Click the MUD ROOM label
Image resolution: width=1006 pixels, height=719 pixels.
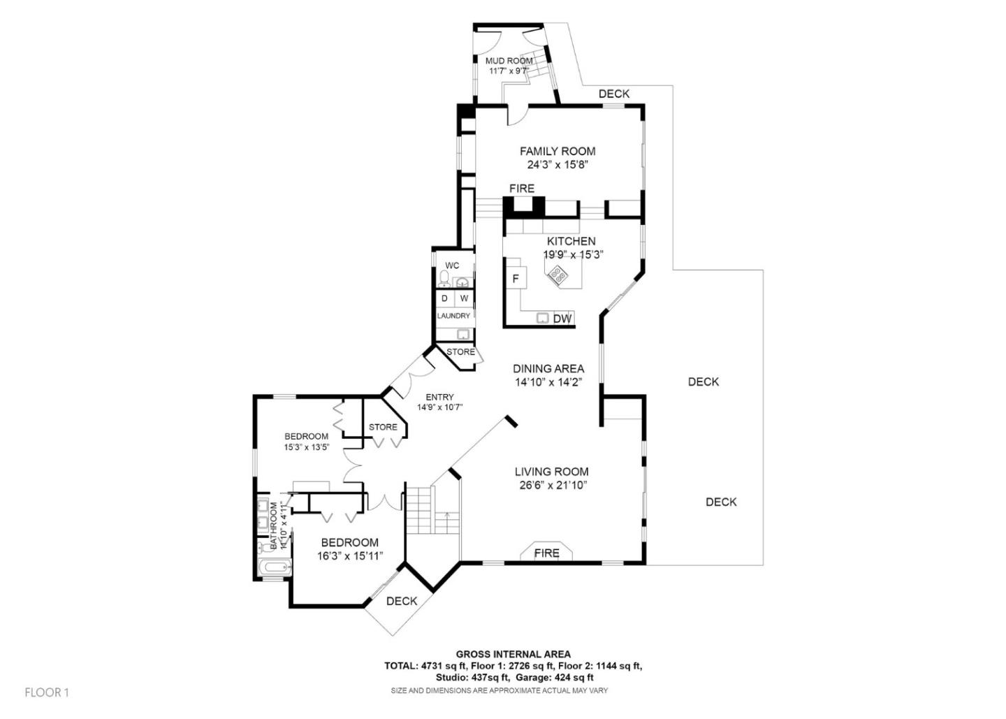(x=509, y=61)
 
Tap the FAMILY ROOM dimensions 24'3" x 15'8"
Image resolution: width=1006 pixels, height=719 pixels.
(x=557, y=166)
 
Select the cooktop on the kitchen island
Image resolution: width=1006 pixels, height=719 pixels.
(x=558, y=275)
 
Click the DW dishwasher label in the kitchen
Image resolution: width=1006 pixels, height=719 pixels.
(x=562, y=319)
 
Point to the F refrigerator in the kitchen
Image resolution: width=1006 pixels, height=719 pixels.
(x=516, y=279)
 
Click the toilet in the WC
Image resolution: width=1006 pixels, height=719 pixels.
(x=444, y=279)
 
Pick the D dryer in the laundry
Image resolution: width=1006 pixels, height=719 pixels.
(x=444, y=298)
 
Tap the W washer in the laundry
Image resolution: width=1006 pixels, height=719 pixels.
(x=464, y=298)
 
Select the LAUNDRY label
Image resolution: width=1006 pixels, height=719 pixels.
(x=453, y=316)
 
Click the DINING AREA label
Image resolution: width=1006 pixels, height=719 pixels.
(x=548, y=369)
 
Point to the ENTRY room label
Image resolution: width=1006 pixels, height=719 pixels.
(x=439, y=397)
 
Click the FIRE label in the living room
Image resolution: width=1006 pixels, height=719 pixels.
(x=546, y=553)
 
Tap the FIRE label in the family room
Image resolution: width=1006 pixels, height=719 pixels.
(x=521, y=189)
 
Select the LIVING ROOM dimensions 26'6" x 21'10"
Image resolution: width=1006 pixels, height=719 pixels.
(x=551, y=485)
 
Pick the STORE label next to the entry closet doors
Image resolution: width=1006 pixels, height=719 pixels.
(x=383, y=427)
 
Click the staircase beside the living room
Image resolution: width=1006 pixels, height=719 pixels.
(x=421, y=511)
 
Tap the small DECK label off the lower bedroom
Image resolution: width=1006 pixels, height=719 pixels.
(x=402, y=601)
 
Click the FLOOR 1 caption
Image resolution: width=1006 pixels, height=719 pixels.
(x=47, y=692)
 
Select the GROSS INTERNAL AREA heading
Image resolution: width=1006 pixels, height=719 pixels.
(x=513, y=654)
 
